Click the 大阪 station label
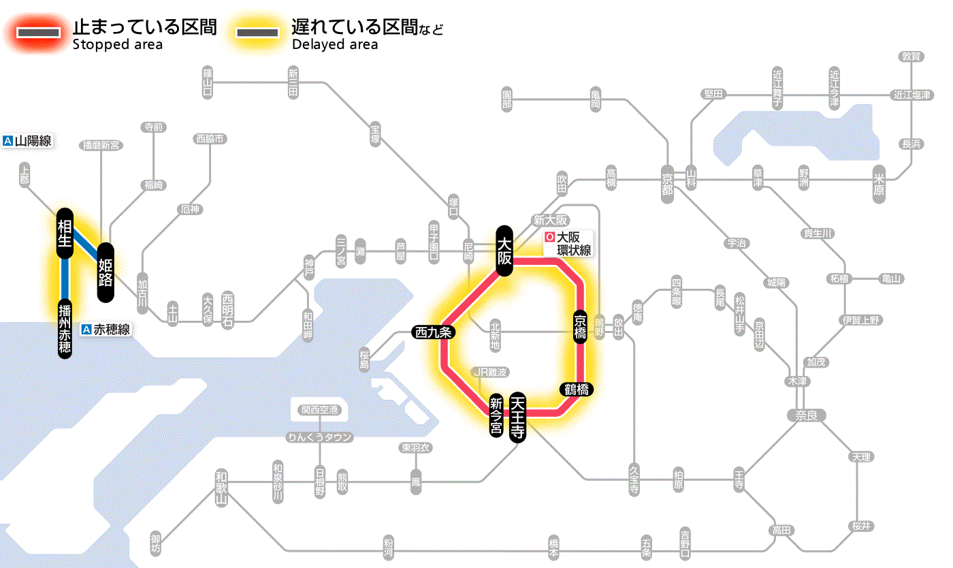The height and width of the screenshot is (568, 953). pyautogui.click(x=504, y=251)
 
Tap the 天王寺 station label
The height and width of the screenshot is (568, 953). pyautogui.click(x=518, y=418)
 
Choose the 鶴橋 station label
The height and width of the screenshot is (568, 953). pyautogui.click(x=577, y=390)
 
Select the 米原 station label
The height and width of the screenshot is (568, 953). pyautogui.click(x=879, y=184)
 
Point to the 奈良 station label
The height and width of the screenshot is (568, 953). pyautogui.click(x=805, y=414)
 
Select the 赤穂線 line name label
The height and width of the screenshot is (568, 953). pyautogui.click(x=106, y=330)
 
